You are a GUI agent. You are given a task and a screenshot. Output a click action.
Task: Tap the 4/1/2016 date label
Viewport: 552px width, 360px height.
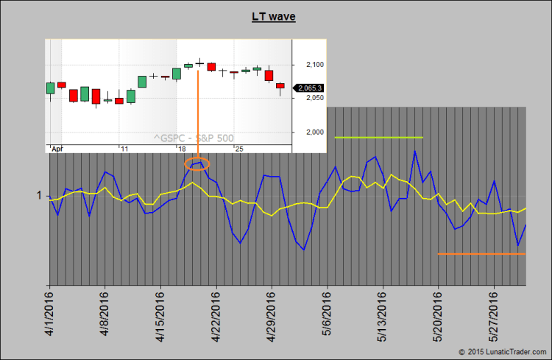tap(49, 314)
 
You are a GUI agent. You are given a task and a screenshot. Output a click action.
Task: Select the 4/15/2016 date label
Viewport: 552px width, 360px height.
tap(160, 314)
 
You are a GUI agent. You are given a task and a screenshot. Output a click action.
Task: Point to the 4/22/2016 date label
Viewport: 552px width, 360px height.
tap(216, 314)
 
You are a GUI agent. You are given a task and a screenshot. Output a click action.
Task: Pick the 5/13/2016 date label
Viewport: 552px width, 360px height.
tap(382, 314)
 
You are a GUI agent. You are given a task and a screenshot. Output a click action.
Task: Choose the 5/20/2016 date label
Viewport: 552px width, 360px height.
tap(438, 314)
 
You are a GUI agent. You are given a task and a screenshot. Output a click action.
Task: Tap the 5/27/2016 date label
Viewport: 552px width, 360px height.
tap(493, 314)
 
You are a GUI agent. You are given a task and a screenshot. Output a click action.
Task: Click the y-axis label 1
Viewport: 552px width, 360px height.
tap(38, 196)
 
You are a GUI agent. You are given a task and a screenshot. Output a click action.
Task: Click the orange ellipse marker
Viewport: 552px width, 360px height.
tap(197, 163)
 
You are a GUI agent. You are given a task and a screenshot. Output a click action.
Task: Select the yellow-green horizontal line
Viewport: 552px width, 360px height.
tap(378, 138)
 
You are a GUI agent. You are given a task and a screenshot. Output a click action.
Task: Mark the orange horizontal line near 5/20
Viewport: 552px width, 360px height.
tap(481, 254)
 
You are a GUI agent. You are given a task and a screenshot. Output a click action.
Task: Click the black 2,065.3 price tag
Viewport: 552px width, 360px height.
tap(310, 88)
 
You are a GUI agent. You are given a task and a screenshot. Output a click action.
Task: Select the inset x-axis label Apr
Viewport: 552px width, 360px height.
tap(57, 149)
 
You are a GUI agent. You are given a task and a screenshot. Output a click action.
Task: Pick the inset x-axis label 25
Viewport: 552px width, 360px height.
tap(238, 149)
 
